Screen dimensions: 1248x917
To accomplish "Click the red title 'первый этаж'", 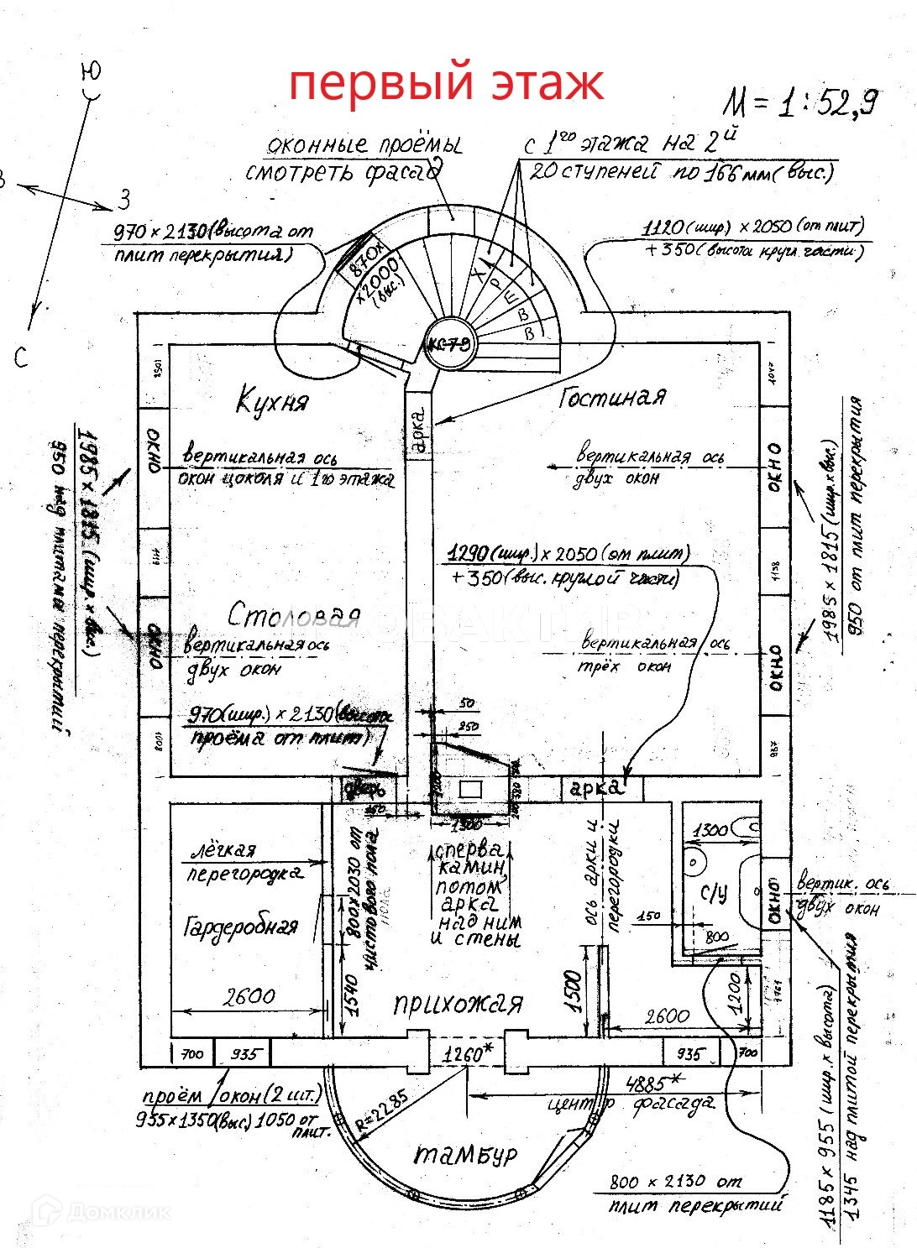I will coord(446,85).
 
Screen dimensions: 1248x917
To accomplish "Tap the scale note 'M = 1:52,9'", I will coord(801,102).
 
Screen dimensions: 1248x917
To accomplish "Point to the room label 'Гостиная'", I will coord(612,397).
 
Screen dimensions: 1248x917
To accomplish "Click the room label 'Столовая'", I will coord(294,616).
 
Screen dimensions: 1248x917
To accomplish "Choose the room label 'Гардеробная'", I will coord(240,927).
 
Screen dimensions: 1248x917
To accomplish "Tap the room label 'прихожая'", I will coord(458,1004).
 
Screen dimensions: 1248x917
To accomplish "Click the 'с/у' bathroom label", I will coord(714,893).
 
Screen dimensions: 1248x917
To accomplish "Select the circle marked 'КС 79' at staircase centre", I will coord(451,344).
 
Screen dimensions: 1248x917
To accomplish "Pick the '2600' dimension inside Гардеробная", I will coord(249,996).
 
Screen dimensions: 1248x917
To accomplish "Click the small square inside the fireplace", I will coord(470,789).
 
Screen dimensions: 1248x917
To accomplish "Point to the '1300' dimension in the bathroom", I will coord(711,830).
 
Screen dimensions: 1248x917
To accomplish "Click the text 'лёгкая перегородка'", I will coord(243,862).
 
